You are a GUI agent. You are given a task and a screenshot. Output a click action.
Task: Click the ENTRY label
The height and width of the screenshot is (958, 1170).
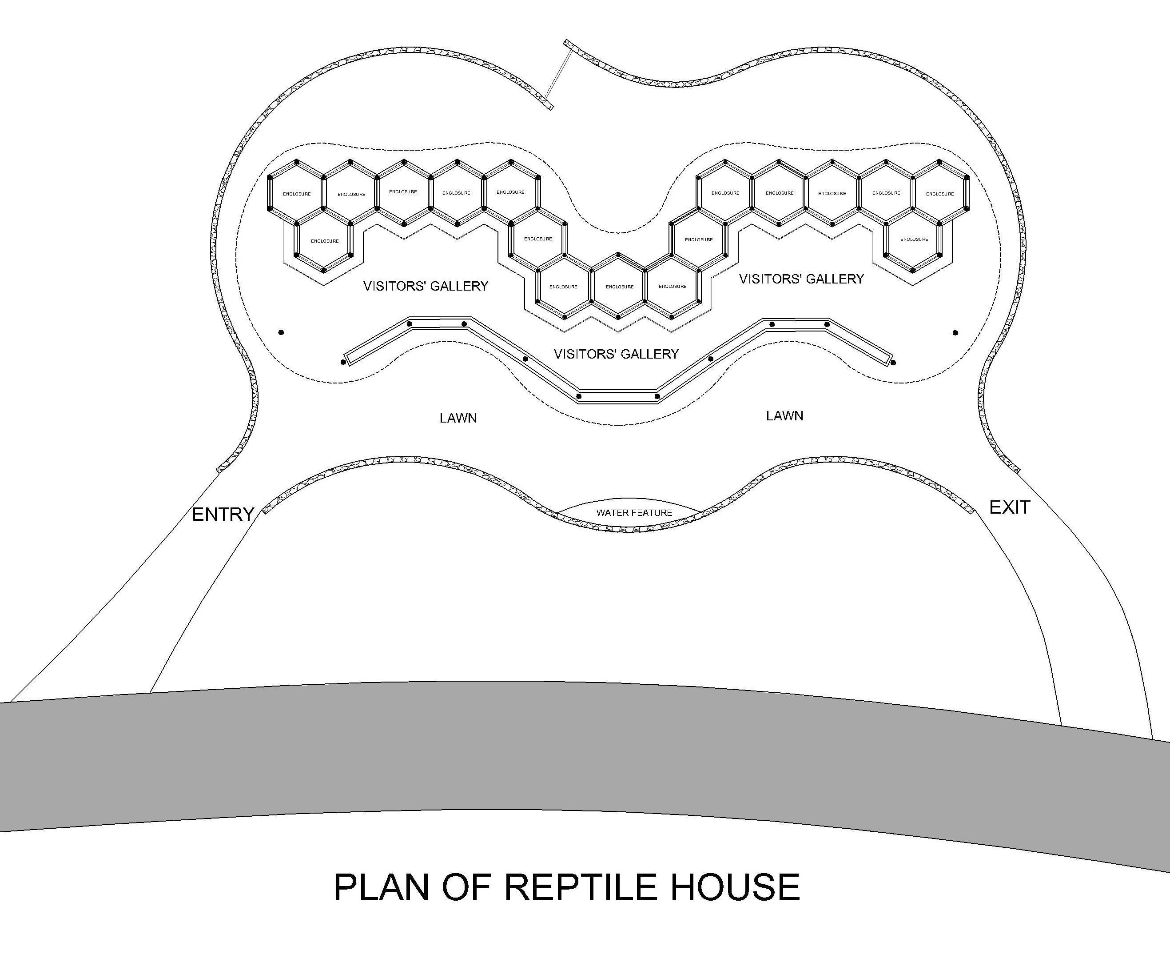point(223,514)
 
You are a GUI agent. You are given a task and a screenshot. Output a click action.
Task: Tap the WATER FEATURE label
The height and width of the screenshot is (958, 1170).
point(634,513)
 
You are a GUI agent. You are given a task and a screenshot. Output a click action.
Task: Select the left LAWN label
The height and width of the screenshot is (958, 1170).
point(458,418)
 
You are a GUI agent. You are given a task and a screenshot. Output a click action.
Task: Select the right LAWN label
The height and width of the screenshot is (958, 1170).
point(784,416)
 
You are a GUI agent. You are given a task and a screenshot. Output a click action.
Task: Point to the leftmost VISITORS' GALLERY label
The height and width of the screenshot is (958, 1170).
point(425,286)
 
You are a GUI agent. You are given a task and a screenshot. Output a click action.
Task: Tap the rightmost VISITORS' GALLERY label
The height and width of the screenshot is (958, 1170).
point(801,279)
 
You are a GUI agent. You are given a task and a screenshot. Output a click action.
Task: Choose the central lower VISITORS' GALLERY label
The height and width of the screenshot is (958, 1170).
point(616,354)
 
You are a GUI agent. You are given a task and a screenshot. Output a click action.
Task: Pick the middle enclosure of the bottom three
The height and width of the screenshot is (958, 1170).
point(619,287)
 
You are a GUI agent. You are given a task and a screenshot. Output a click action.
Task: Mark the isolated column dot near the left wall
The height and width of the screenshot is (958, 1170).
point(281,332)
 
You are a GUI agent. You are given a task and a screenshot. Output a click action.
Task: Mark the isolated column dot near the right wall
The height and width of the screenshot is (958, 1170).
point(955,333)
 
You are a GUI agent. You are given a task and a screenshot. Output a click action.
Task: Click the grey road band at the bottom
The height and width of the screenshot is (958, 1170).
point(552,756)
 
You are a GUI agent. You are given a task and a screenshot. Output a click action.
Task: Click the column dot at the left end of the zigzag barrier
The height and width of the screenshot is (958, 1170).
point(343,362)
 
